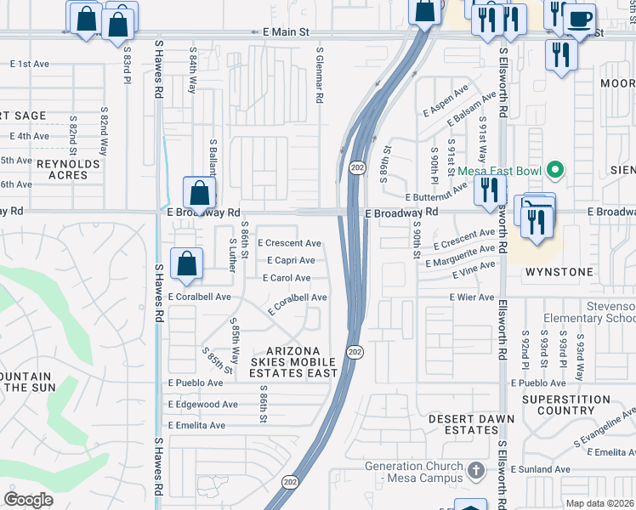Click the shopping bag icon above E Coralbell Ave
point(186,263)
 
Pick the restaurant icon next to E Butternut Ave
point(489,191)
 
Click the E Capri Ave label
point(291,261)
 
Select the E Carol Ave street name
point(287,278)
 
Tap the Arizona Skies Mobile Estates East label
point(293,362)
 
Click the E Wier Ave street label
point(473,297)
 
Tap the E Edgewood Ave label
point(203,405)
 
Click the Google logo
point(29,500)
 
